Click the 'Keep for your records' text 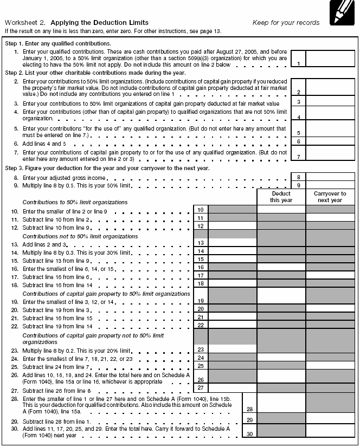[286, 23]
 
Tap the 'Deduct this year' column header [281, 197]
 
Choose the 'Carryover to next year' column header [330, 197]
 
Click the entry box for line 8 [330, 177]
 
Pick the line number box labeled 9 [298, 185]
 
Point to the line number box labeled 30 [249, 433]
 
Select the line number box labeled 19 [201, 300]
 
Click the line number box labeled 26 [201, 379]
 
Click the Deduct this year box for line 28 [281, 403]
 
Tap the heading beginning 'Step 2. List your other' [95, 73]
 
